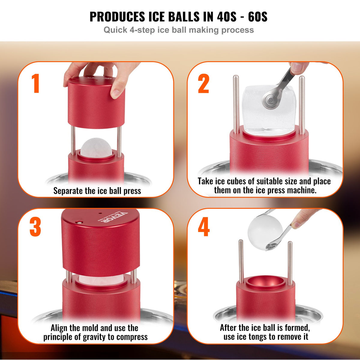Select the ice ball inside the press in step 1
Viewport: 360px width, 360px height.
point(96,147)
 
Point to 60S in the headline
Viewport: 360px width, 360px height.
point(257,17)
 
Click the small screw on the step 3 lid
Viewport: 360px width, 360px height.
point(79,222)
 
